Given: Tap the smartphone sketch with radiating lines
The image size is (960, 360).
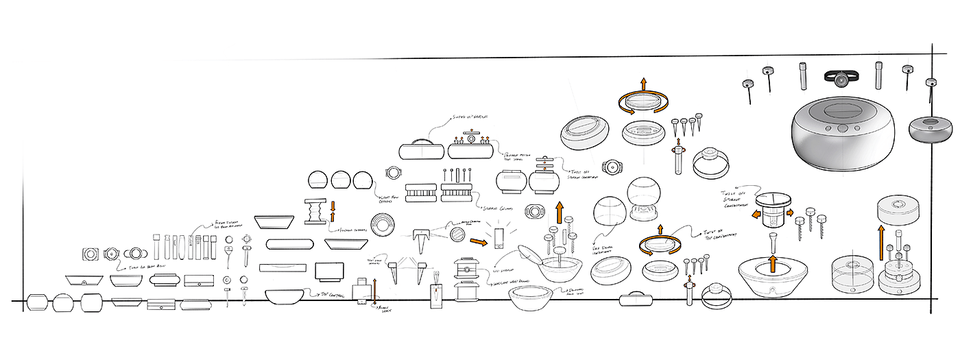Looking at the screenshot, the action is (x=499, y=237).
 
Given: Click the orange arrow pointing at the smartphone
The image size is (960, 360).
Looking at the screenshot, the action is (x=478, y=241).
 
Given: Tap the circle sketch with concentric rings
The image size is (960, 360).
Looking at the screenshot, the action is (x=383, y=225).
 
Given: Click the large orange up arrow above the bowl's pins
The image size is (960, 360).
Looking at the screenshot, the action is (x=560, y=213).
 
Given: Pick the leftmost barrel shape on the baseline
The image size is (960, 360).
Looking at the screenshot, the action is (x=38, y=302).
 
